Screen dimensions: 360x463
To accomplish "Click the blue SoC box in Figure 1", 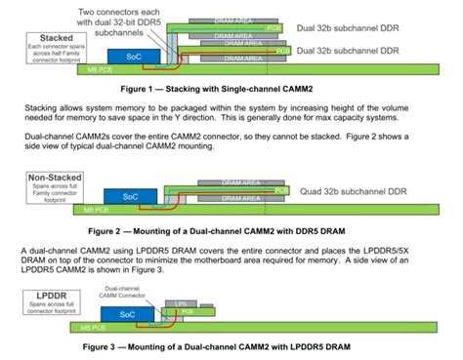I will click(134, 58).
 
